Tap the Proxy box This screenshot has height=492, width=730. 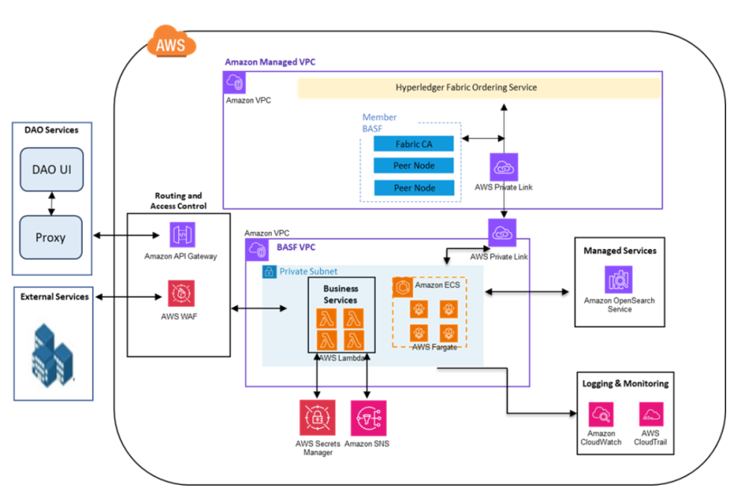pos(51,237)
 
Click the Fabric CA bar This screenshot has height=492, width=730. pos(414,144)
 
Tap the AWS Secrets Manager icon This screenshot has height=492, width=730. pos(317,418)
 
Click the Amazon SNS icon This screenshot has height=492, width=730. pos(368,418)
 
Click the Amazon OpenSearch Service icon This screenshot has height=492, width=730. pos(618,279)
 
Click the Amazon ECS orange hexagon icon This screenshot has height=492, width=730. pos(402,287)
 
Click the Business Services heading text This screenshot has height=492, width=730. pos(340,294)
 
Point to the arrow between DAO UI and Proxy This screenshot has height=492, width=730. pos(51,202)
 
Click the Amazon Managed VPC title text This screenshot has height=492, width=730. pos(270,62)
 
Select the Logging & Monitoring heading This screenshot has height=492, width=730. pos(625,383)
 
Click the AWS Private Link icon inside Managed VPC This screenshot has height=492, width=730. pos(504,167)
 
